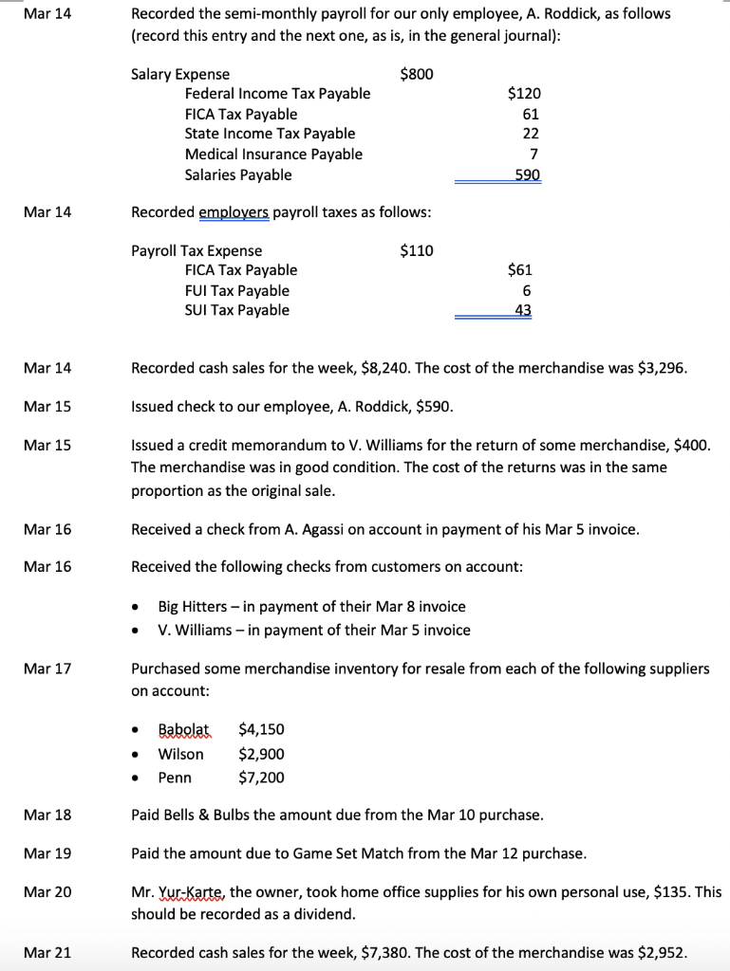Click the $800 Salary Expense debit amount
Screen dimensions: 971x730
pyautogui.click(x=417, y=74)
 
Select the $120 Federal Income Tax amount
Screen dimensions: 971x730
pyautogui.click(x=524, y=93)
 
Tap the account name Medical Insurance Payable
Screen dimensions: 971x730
pyautogui.click(x=273, y=154)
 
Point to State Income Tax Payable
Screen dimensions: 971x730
pyautogui.click(x=270, y=134)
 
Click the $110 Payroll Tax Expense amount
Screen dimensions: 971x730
pyautogui.click(x=417, y=250)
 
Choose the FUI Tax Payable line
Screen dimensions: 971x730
pyautogui.click(x=237, y=290)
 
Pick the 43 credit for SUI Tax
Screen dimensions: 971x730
pyautogui.click(x=523, y=310)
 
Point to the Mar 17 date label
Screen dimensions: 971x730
pyautogui.click(x=47, y=669)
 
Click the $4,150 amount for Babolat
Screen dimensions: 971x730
pyautogui.click(x=261, y=729)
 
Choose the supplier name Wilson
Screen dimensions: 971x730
pyautogui.click(x=180, y=754)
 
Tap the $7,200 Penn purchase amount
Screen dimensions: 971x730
pyautogui.click(x=261, y=778)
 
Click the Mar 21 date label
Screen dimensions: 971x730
pyautogui.click(x=47, y=952)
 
